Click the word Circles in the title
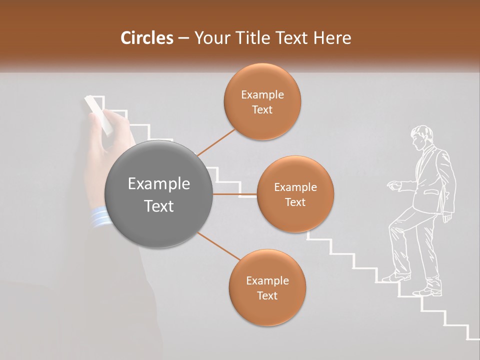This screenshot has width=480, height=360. (146, 38)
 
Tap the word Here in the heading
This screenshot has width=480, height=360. (332, 38)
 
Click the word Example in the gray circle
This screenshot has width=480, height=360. (159, 184)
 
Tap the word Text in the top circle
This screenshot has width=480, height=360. (262, 110)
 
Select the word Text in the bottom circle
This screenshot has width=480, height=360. (267, 295)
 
